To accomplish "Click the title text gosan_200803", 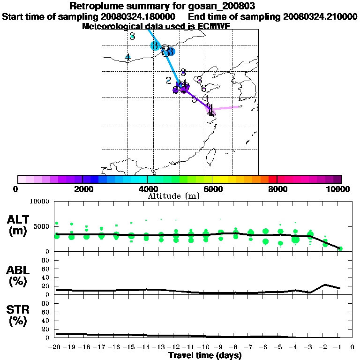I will coord(225,7).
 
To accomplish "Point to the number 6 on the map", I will coord(203,88).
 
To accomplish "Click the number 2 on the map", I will coord(168,80).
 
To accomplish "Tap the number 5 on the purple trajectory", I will coord(194,99).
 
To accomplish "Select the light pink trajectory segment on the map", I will coord(227,108).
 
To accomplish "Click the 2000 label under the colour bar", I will coord(82,189).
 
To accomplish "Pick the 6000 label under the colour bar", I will coord(212,189).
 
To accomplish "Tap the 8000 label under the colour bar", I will coord(277,189).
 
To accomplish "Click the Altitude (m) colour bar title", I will coord(174,196).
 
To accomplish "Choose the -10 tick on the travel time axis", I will coord(205,348).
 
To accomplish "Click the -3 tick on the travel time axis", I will coord(310,348).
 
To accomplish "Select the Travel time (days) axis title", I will coord(205,355).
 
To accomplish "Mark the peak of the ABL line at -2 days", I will coord(325,285).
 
